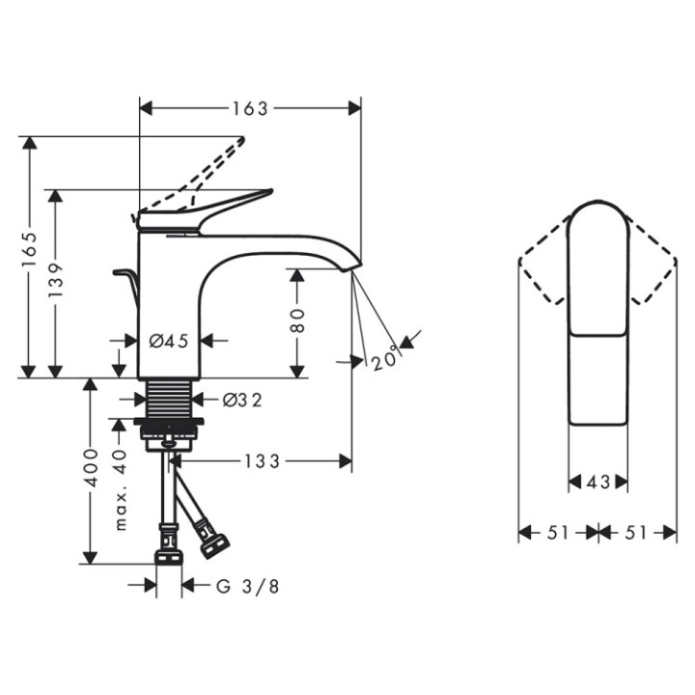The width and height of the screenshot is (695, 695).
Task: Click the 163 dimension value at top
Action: coord(250,108)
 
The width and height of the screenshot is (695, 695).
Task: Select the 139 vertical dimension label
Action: coord(57,280)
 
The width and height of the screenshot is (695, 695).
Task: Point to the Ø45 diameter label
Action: coord(168,340)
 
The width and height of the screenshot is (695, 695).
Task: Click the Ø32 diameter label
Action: coord(242,399)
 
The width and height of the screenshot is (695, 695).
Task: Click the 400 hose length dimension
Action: coord(91,470)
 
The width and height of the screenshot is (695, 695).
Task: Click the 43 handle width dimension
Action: coord(598,482)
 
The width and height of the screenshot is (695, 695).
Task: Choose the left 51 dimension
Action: coord(558,533)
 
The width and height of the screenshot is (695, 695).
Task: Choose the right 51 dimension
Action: coord(638,533)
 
